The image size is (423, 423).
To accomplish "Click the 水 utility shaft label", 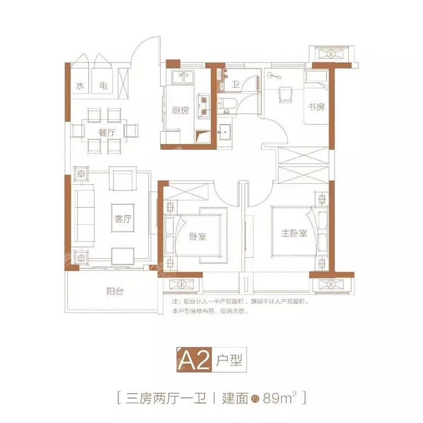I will click(80, 86).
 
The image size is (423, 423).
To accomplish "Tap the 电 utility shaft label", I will click(104, 86).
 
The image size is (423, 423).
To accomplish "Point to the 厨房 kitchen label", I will click(180, 111).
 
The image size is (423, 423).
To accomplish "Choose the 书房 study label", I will click(316, 106).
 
